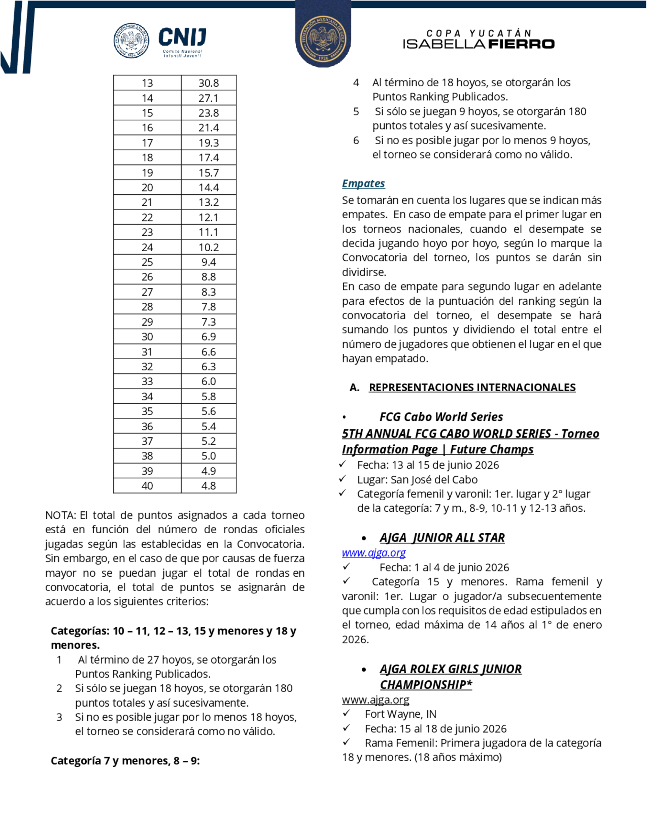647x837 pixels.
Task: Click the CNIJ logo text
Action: pos(182,38)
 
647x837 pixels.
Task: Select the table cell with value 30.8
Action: pos(209,83)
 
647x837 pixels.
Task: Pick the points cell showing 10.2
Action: pos(209,247)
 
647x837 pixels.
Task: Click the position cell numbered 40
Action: pos(147,486)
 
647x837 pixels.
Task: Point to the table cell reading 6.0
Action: pos(209,382)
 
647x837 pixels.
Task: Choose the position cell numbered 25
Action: pos(147,263)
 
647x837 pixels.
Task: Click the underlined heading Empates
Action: pos(363,184)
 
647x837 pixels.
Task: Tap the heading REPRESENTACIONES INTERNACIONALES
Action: pos(472,387)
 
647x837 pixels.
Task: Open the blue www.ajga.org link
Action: pos(374,553)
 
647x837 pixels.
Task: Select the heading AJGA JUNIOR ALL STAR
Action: pos(442,538)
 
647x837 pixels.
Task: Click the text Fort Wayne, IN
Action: pos(400,714)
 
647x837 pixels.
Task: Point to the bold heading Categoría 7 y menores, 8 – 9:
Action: pos(125,761)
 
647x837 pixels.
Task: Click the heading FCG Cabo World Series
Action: pos(441,417)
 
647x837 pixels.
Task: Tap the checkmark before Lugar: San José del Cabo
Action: pos(343,479)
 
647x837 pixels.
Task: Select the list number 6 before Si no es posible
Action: pos(356,141)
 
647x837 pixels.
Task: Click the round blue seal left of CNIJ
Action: pos(131,40)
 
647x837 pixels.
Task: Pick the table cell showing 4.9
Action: pos(209,471)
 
